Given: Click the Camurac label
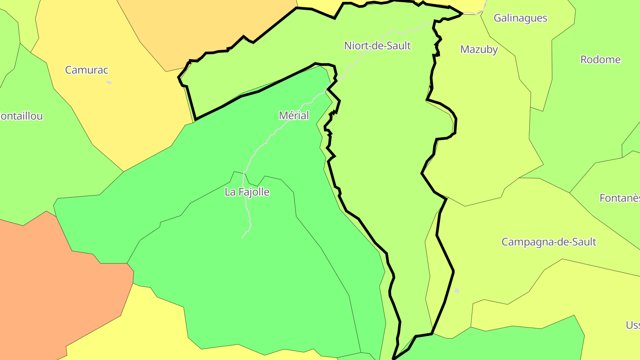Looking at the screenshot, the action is (x=87, y=70).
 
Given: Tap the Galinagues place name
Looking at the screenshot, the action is (x=520, y=18).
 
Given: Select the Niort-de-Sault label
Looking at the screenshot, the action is (x=377, y=45).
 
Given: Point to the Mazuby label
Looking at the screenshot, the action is (x=479, y=49).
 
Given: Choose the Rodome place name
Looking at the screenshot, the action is (x=600, y=60).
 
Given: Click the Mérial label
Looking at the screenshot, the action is (x=293, y=116).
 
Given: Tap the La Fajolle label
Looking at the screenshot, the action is (x=247, y=192).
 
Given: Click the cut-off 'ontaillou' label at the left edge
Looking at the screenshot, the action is (x=21, y=116).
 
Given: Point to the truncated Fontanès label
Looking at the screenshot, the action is (x=620, y=198).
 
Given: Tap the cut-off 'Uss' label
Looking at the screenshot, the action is (x=633, y=325).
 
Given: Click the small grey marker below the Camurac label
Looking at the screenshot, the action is (x=109, y=82).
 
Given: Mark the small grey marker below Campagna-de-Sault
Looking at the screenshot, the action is (x=456, y=291).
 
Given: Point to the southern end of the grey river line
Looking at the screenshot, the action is (x=243, y=238).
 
